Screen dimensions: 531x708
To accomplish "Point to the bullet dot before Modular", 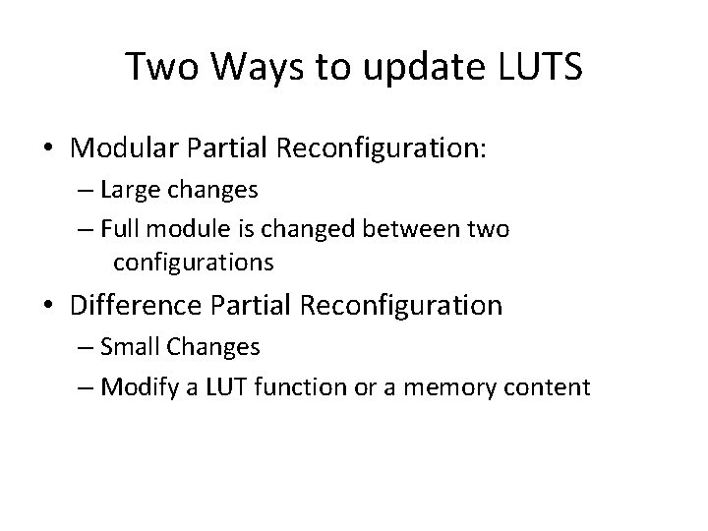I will (x=48, y=149).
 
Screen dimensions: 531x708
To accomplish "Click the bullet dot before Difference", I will (x=48, y=305).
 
